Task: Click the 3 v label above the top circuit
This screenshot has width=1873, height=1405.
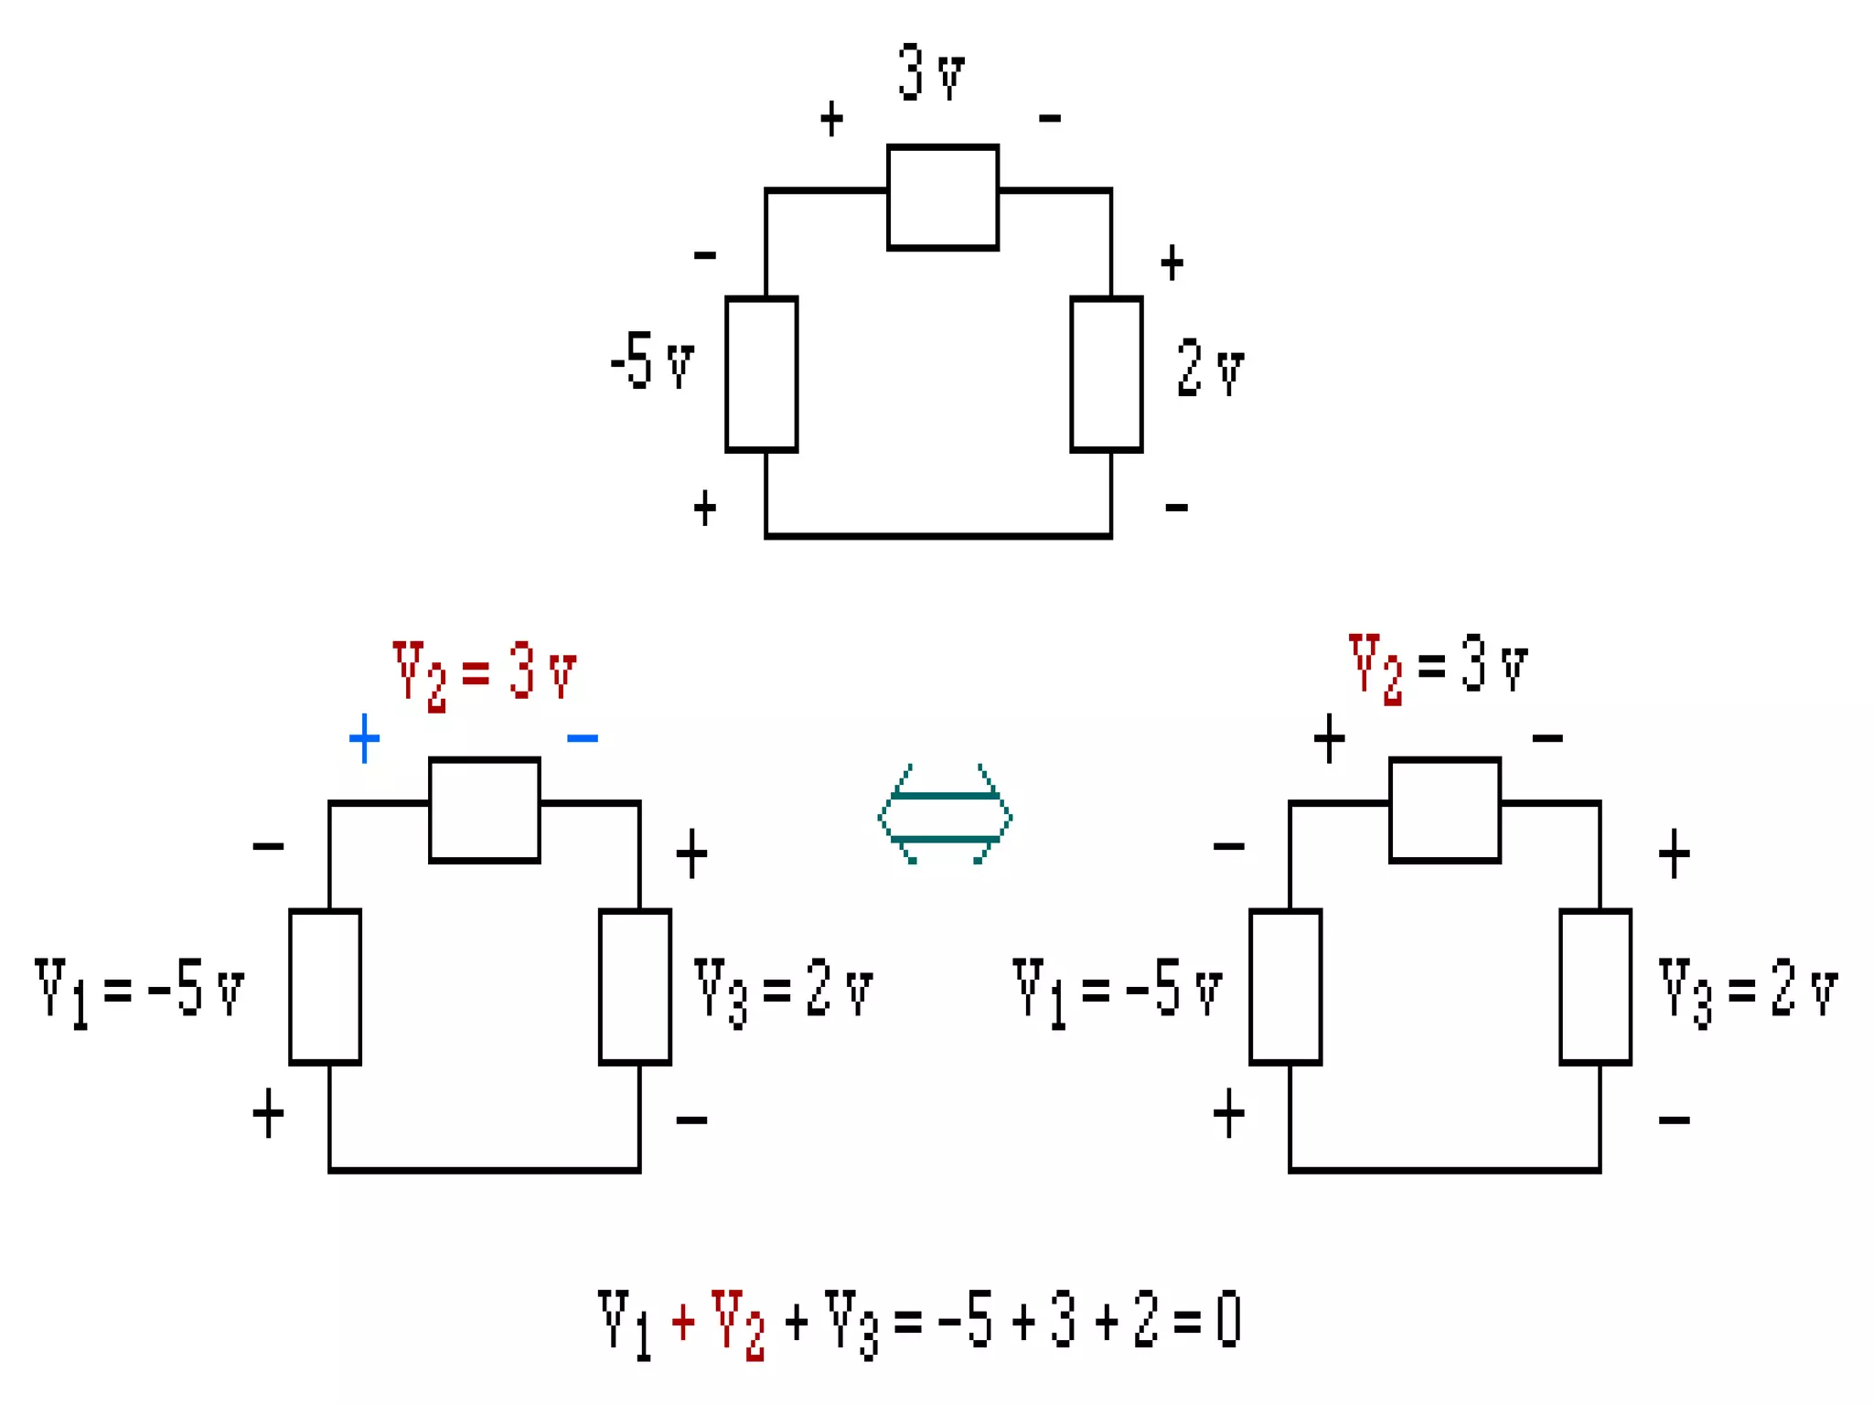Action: (x=931, y=71)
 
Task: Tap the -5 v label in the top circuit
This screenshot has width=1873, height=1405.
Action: (x=652, y=361)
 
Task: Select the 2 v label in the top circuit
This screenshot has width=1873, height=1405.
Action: (x=1210, y=368)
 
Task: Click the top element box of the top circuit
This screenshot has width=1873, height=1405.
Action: (x=942, y=197)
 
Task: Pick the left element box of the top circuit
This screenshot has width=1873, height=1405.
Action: (x=761, y=373)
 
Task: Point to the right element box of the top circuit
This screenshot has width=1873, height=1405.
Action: (x=1106, y=373)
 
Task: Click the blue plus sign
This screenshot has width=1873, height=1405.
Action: (x=364, y=737)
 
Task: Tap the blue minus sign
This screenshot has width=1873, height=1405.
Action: (x=583, y=737)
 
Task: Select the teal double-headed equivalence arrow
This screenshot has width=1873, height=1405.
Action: (x=945, y=815)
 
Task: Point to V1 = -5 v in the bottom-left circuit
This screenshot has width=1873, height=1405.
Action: (x=139, y=990)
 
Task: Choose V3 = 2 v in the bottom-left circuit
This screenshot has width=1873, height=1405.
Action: (x=783, y=990)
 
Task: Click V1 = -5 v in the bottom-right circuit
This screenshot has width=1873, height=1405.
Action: (x=1117, y=990)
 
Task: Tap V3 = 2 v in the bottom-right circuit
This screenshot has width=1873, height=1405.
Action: (x=1748, y=990)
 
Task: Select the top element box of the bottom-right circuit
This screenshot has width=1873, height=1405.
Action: (x=1444, y=810)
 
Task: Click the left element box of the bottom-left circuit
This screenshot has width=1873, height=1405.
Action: (x=325, y=986)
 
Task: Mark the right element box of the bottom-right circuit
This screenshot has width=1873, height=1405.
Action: (x=1595, y=986)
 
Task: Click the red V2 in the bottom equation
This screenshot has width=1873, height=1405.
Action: (x=737, y=1323)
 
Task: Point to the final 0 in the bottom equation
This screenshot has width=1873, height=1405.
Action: (x=1228, y=1319)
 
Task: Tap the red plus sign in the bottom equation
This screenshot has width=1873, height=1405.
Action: (x=683, y=1322)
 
